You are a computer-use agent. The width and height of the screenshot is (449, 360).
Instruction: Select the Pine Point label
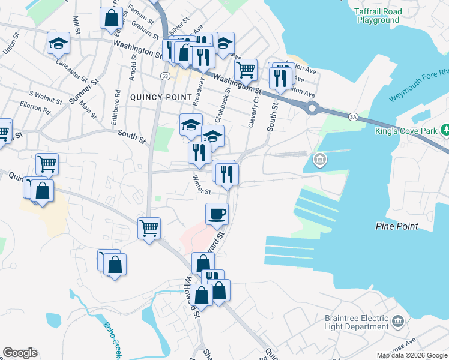(396, 226)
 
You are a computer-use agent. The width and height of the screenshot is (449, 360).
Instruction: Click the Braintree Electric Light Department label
(358, 323)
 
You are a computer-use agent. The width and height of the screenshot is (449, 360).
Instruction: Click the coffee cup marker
(217, 214)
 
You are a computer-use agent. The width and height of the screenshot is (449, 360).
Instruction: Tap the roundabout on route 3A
(312, 108)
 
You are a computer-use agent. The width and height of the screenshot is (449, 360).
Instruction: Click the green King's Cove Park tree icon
(445, 129)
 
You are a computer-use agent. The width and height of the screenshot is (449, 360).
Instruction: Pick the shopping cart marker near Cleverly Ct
(246, 70)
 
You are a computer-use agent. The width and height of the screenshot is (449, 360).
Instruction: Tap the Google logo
(20, 353)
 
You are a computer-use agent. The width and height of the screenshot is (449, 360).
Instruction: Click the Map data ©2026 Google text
(412, 355)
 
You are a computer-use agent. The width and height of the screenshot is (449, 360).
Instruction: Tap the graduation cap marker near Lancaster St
(59, 43)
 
